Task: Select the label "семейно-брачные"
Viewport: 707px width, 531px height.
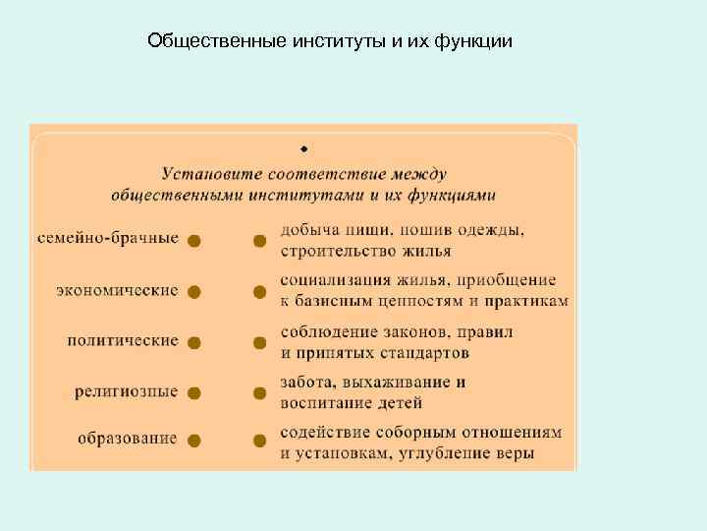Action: tap(108, 239)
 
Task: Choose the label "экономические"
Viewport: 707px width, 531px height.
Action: tap(117, 290)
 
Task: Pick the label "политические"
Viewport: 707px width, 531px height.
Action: tap(123, 341)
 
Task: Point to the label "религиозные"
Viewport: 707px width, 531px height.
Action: tap(127, 391)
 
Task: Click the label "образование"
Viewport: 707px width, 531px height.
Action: tap(128, 439)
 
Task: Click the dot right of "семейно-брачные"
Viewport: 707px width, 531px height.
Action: tap(194, 241)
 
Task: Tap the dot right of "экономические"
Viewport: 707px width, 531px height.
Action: tap(194, 292)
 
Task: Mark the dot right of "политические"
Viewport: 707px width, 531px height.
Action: tap(194, 343)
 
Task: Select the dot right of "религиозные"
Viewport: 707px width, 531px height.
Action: tap(194, 393)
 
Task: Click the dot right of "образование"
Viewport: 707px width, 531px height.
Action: tap(194, 440)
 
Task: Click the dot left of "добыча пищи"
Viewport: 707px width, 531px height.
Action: tap(259, 241)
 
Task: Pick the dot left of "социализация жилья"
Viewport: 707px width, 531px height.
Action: tap(259, 292)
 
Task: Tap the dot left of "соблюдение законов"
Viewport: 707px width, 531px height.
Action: tap(259, 343)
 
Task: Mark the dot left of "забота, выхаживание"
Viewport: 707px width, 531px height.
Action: tap(259, 393)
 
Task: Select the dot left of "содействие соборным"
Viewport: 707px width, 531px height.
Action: tap(259, 440)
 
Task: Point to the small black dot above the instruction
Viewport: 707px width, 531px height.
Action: tap(304, 149)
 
